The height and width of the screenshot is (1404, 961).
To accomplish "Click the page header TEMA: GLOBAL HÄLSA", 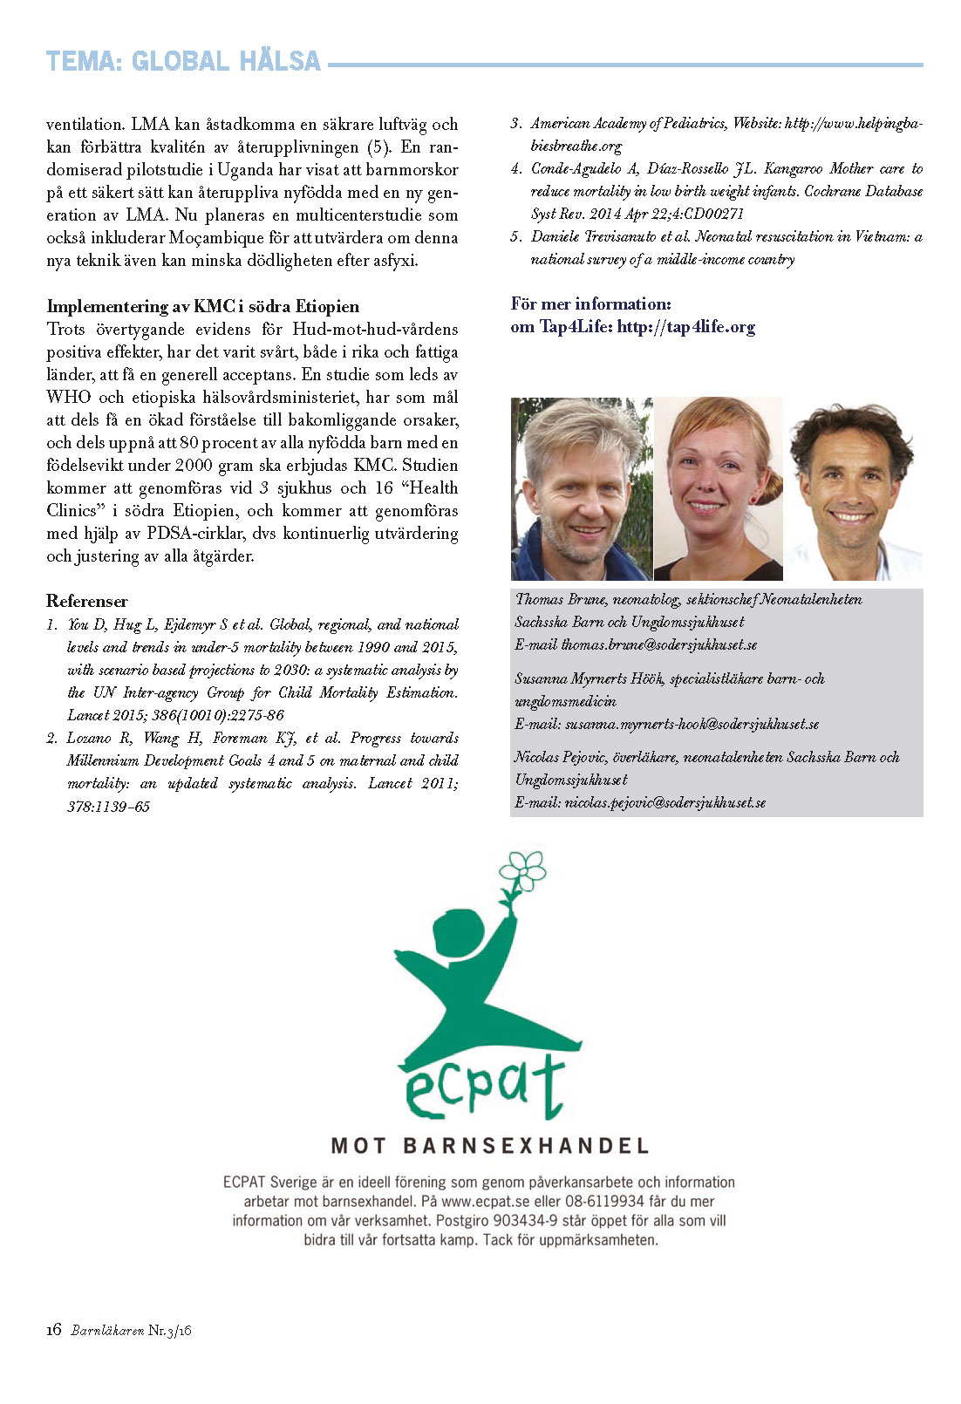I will (x=183, y=62).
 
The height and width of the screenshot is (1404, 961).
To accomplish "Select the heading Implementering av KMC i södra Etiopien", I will (x=202, y=306).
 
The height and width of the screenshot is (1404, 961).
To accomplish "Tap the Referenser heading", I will (x=86, y=601).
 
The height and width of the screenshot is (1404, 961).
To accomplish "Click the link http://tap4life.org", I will (x=685, y=327).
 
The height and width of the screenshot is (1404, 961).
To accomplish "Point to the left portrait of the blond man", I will (x=581, y=489).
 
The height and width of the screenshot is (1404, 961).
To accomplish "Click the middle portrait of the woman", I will (x=718, y=489).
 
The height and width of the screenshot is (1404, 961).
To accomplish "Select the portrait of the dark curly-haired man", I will (x=853, y=489).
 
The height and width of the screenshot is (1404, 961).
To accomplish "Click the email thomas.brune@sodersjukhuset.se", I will (x=658, y=645).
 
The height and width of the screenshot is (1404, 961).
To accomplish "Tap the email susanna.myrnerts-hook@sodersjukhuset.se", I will (x=692, y=724).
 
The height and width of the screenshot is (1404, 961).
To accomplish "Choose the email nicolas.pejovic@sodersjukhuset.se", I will (x=665, y=802).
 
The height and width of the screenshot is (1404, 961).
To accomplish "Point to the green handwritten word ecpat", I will (x=485, y=1087).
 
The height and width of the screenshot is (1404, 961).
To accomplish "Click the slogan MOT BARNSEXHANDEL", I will (x=489, y=1145).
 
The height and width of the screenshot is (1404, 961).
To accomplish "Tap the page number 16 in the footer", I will (x=54, y=1330).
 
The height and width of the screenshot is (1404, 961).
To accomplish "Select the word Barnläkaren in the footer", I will (x=106, y=1331).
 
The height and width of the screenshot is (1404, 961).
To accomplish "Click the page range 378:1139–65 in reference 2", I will (x=108, y=807).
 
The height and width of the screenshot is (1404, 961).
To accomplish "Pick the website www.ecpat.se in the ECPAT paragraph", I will (x=486, y=1202).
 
